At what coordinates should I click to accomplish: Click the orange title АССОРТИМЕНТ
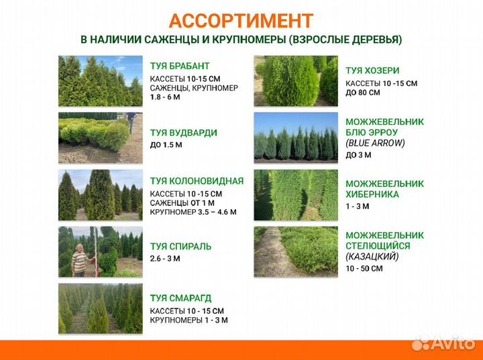241,20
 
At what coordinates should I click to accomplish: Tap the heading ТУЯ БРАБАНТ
180,66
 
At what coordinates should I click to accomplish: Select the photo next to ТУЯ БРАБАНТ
101,81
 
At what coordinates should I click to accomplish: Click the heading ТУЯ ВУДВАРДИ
184,133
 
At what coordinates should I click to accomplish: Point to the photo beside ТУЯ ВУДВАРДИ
101,138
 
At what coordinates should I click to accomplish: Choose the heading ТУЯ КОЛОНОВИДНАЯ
197,181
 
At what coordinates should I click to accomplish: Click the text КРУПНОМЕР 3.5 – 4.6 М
193,213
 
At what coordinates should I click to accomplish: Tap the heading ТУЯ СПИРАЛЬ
180,246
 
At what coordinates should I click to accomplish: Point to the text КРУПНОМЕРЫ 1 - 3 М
189,320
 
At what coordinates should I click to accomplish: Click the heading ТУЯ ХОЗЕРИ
372,70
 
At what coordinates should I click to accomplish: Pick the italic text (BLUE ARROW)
376,143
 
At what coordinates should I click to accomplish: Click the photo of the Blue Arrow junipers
296,138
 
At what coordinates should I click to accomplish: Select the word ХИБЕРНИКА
372,194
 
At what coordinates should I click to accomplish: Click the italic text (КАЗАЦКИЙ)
372,256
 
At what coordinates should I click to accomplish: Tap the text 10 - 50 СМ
364,268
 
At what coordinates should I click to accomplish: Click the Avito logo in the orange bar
443,344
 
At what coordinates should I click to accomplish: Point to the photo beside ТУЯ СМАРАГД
101,309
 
